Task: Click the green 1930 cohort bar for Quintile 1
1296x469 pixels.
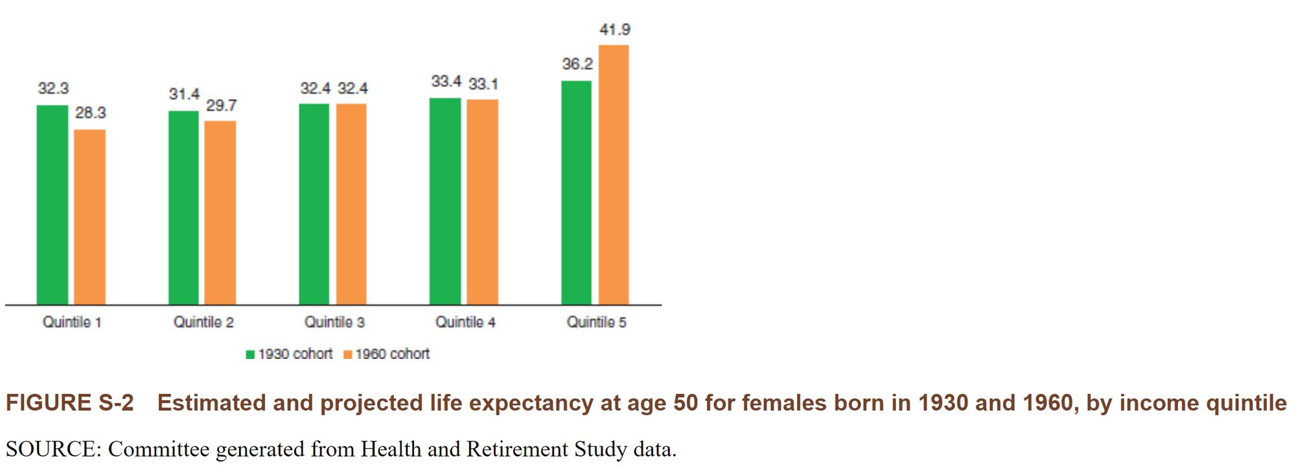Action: (52, 205)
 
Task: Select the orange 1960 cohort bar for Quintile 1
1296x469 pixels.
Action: (89, 217)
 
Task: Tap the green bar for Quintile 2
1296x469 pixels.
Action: (183, 207)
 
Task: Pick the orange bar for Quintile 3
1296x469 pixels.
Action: (351, 204)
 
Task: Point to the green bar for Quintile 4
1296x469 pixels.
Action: (445, 201)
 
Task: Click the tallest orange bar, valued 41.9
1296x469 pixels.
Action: (613, 175)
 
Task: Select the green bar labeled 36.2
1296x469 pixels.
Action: (576, 193)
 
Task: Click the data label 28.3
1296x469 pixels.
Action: (90, 113)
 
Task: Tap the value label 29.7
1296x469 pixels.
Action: (222, 105)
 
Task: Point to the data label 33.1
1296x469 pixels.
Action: (483, 84)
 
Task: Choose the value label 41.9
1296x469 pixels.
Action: (614, 29)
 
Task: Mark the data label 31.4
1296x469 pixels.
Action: (184, 94)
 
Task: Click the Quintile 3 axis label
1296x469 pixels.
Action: (334, 322)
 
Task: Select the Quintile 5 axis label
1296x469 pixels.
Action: (596, 322)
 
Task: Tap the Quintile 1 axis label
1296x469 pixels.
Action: (72, 322)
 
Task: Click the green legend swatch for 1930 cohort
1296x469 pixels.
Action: (250, 354)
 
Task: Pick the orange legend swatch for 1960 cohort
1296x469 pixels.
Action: (347, 354)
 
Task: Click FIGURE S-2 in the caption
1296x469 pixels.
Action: (69, 403)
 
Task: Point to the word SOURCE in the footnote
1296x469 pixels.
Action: (50, 449)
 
